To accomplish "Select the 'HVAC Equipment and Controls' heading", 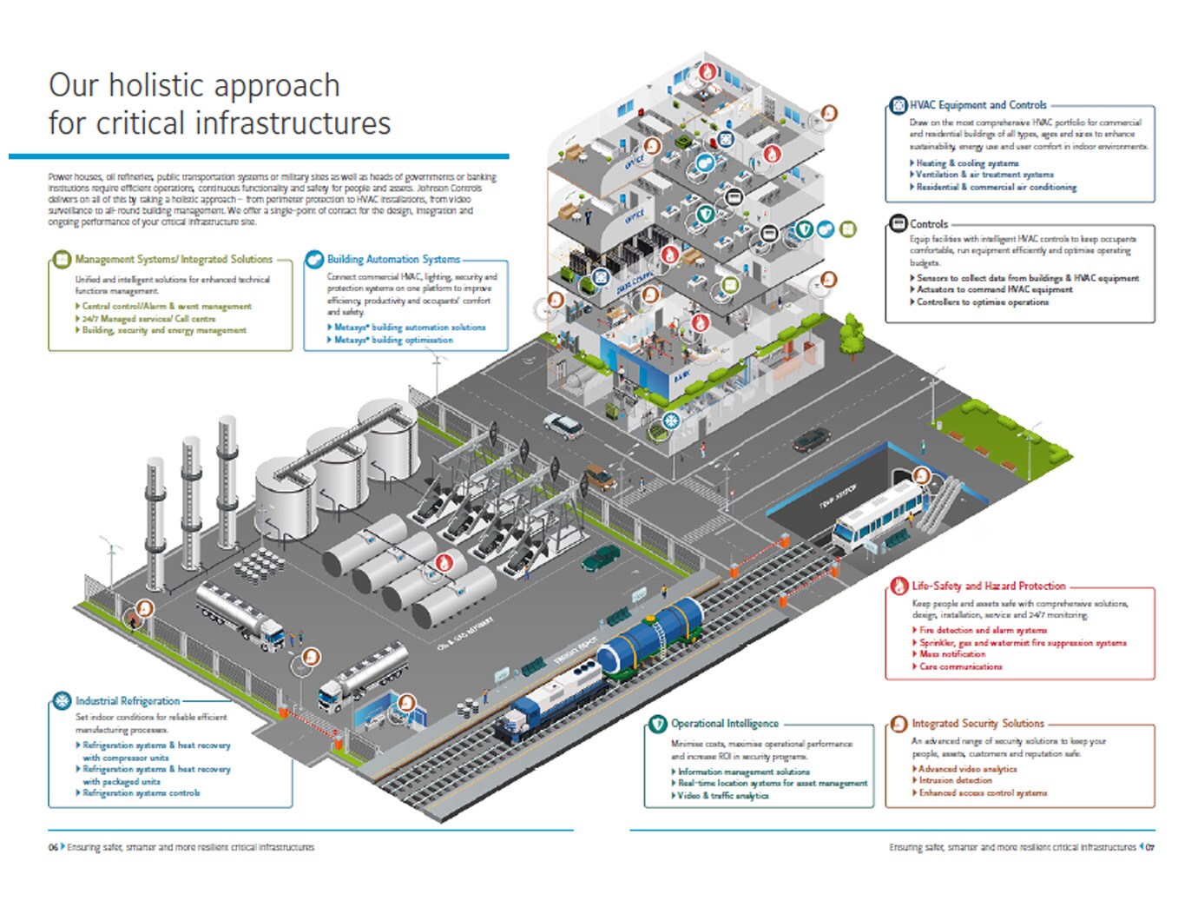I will [x=977, y=105].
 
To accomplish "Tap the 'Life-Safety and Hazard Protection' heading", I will [x=988, y=586].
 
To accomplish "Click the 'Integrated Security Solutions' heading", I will [x=977, y=724].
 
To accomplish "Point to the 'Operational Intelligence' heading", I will [x=724, y=724].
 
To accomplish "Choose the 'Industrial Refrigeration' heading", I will [x=128, y=701].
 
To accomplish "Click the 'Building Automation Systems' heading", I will [x=393, y=259].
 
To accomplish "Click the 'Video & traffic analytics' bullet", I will [x=722, y=796].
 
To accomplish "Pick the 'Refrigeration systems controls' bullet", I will [x=141, y=793].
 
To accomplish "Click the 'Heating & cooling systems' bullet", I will [x=967, y=163].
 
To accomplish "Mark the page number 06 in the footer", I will [x=53, y=847].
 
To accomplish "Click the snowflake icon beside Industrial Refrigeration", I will [x=62, y=701].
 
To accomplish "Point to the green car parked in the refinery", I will [x=601, y=559].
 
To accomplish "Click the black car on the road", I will [x=811, y=440].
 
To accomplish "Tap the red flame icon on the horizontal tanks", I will [x=444, y=562].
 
